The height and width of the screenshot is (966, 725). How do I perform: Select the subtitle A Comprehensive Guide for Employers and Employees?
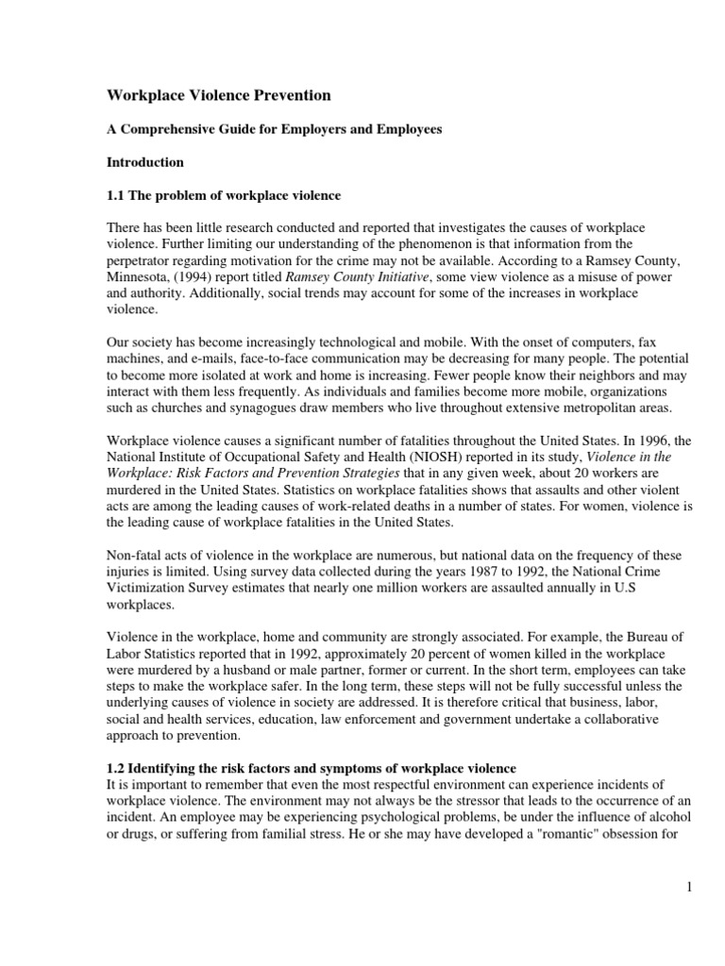click(273, 129)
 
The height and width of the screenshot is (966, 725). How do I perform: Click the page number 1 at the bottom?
click(691, 886)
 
